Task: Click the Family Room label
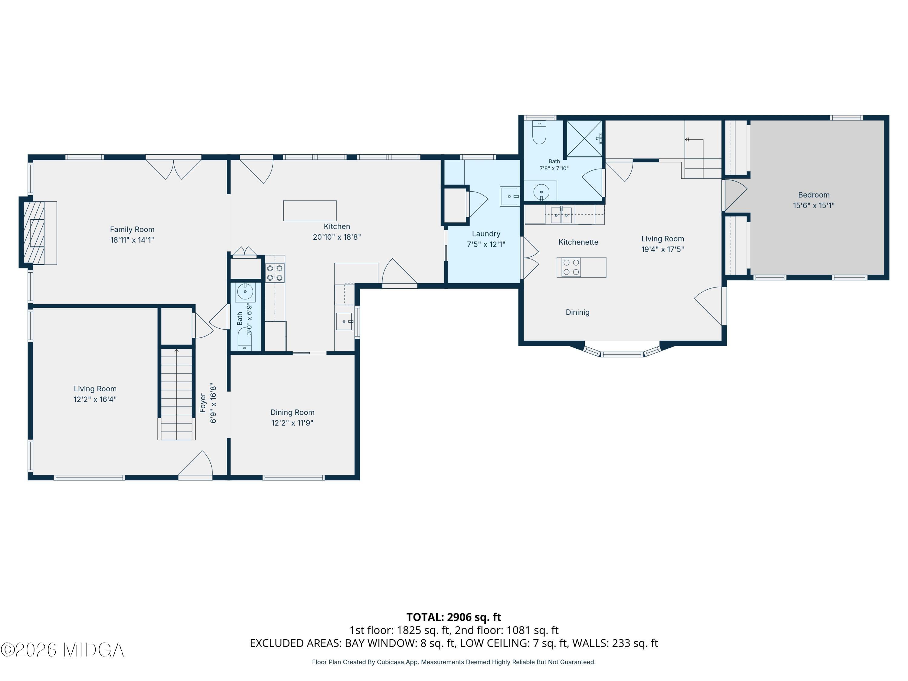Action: (132, 229)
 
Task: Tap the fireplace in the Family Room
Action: (34, 233)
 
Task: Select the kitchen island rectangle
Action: (310, 211)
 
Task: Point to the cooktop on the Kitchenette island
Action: (571, 267)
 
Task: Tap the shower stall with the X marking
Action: (584, 139)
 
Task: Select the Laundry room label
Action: (486, 234)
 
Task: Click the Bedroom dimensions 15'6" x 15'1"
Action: (814, 205)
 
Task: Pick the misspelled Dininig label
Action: (577, 312)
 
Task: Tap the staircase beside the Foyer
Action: (176, 394)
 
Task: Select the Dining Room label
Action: (292, 412)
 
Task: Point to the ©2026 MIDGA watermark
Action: (62, 650)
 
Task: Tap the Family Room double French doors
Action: (174, 168)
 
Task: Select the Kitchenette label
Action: (578, 242)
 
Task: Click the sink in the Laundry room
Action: (509, 196)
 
